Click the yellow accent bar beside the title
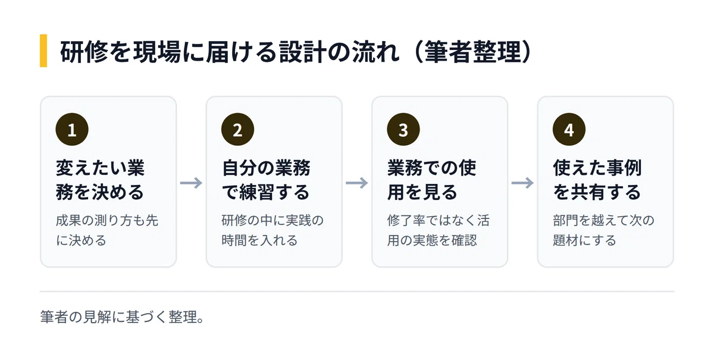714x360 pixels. pyautogui.click(x=43, y=51)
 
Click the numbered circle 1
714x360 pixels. pyautogui.click(x=72, y=130)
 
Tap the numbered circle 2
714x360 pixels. pyautogui.click(x=238, y=130)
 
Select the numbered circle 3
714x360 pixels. pyautogui.click(x=403, y=130)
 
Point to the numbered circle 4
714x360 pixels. pyautogui.click(x=569, y=130)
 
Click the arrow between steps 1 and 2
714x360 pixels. pyautogui.click(x=191, y=183)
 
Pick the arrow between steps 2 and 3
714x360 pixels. pyautogui.click(x=357, y=183)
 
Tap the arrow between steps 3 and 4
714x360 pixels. pyautogui.click(x=523, y=183)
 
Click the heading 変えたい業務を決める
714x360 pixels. pyautogui.click(x=100, y=180)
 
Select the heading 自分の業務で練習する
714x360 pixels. pyautogui.click(x=266, y=180)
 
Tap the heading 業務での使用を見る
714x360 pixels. pyautogui.click(x=431, y=180)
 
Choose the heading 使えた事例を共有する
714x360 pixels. pyautogui.click(x=597, y=180)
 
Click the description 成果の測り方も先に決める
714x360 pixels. pyautogui.click(x=107, y=230)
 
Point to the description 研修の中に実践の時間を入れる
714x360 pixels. pyautogui.click(x=273, y=230)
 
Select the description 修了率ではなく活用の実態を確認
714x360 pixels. pyautogui.click(x=439, y=230)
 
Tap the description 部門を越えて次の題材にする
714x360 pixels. pyautogui.click(x=604, y=230)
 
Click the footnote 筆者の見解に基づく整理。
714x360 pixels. pyautogui.click(x=122, y=317)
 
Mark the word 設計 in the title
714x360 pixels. pyautogui.click(x=303, y=51)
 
